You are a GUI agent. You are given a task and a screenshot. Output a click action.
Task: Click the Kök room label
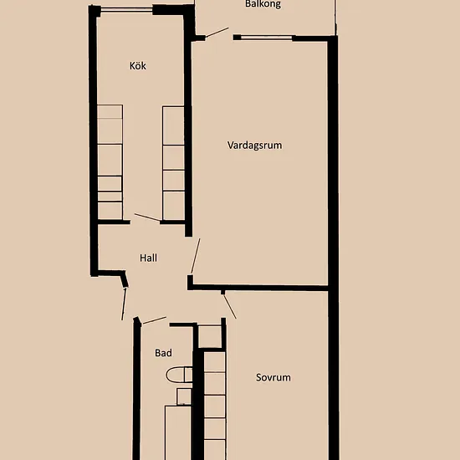138,66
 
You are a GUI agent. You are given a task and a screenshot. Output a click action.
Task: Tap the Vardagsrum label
254,146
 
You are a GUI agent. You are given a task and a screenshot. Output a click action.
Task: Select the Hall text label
148,258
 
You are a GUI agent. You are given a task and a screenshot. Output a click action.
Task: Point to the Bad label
163,353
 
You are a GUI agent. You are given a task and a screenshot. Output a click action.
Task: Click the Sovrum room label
273,377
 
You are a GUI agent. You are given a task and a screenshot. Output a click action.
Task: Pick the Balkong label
263,4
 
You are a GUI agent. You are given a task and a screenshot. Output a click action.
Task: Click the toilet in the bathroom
179,375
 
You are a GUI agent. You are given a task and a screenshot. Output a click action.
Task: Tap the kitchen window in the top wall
126,10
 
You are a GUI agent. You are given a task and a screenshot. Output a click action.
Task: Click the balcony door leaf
217,33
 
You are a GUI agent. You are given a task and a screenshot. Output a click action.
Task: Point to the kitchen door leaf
147,217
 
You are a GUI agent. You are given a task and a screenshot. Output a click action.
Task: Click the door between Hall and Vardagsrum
196,256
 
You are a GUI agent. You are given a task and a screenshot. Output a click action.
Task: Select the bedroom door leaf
229,306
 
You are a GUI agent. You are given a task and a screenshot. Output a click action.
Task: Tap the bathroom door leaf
154,320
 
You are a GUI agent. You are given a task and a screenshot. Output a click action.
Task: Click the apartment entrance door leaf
124,304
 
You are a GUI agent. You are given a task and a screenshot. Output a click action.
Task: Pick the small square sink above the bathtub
184,396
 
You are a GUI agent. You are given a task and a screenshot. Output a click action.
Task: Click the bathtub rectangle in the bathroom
178,432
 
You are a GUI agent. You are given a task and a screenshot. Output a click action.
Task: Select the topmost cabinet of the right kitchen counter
173,125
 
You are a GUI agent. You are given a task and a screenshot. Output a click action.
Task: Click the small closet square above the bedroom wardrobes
209,336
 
